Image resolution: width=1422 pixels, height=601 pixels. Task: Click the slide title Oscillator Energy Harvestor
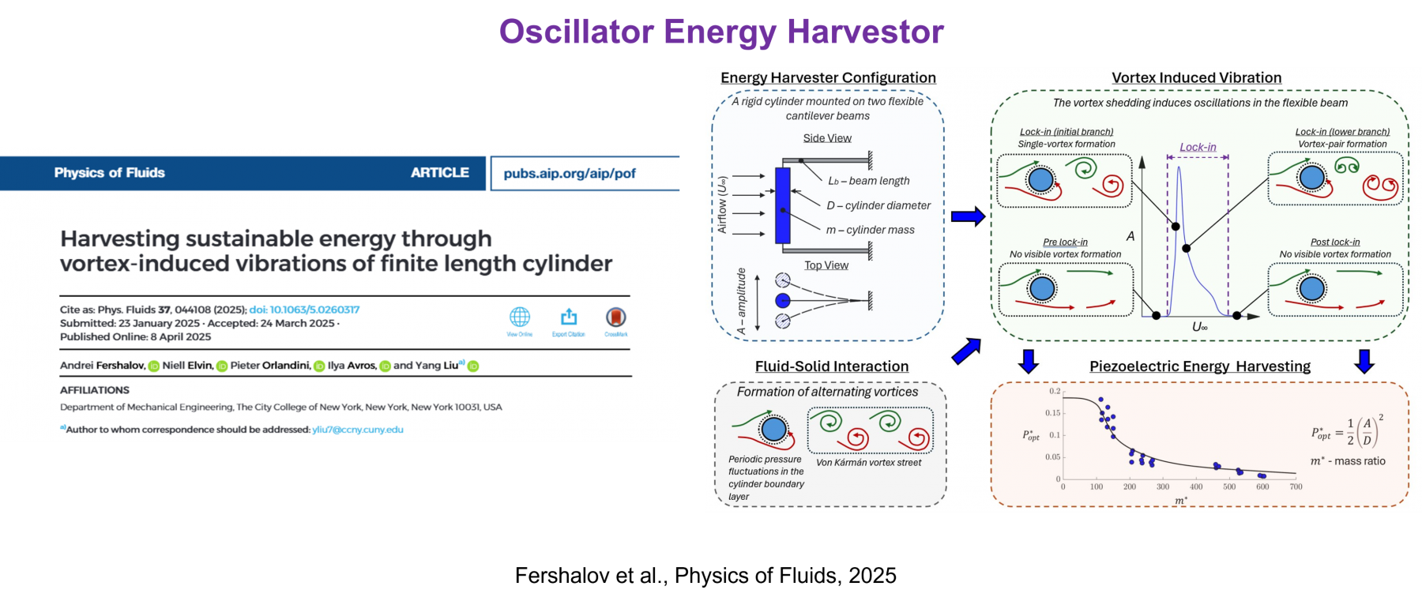[721, 32]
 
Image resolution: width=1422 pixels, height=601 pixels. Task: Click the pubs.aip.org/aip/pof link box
[585, 173]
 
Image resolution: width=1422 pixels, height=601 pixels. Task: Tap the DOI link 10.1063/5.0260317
[304, 310]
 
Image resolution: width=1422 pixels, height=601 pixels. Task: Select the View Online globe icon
[520, 317]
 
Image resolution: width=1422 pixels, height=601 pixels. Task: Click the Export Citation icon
[569, 317]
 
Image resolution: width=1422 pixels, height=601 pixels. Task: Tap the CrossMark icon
[616, 317]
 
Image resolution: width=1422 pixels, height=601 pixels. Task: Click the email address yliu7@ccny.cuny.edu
[358, 430]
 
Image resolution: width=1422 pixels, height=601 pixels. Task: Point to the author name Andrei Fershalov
[103, 366]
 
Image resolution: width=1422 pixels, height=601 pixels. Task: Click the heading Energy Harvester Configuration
[828, 77]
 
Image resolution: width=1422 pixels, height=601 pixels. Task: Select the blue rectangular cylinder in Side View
[783, 205]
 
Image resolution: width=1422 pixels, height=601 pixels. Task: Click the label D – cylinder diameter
[878, 205]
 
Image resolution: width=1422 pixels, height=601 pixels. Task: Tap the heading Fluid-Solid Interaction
[832, 366]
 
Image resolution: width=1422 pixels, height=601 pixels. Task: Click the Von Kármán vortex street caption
[868, 463]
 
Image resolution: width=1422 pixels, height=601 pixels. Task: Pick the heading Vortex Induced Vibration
[1197, 77]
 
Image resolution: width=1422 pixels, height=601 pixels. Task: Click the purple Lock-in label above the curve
[1198, 147]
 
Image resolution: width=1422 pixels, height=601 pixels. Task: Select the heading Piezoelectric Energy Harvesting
[1200, 366]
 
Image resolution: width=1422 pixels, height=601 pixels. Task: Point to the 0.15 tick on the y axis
[1053, 413]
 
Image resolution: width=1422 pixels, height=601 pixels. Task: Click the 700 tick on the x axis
[1296, 486]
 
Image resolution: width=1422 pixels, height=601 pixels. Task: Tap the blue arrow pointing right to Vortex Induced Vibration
[968, 216]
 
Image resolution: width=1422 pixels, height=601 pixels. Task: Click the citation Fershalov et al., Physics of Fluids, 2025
[705, 575]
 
